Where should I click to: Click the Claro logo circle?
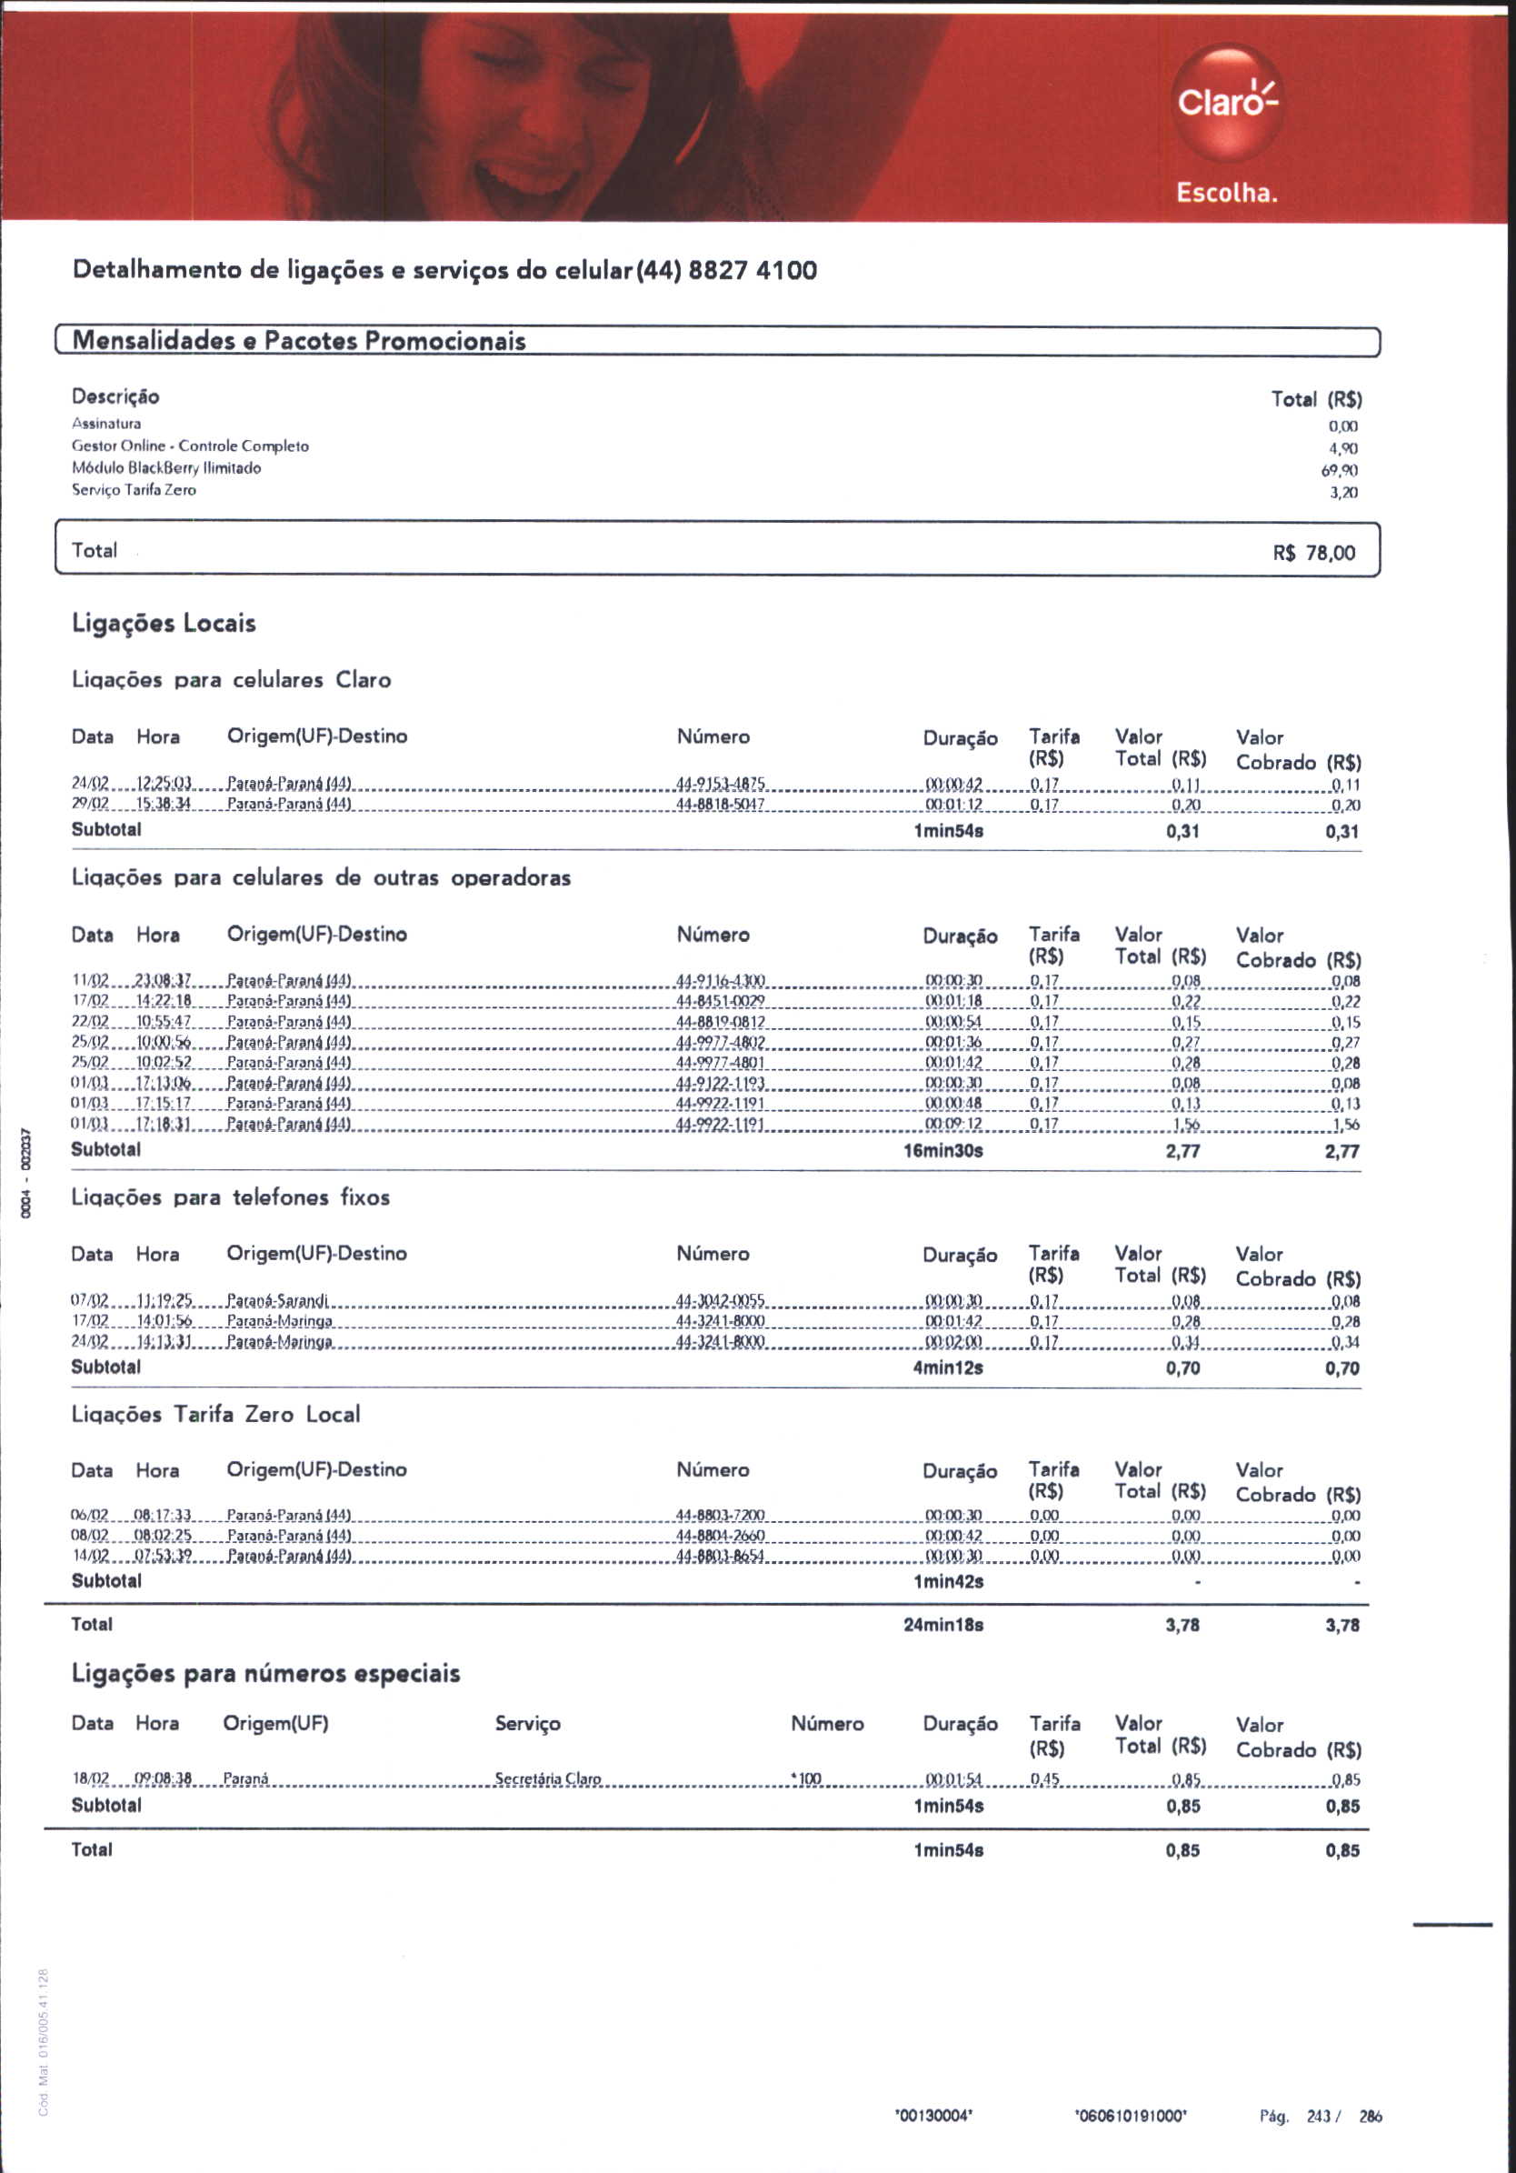[x=1226, y=102]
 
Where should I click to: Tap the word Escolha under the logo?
[x=1226, y=193]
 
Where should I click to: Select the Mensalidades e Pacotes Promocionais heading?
[x=299, y=341]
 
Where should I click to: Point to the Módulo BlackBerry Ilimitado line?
[x=166, y=467]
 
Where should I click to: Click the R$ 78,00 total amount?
[x=1313, y=553]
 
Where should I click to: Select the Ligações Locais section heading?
[x=164, y=624]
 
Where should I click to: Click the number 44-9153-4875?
[x=720, y=784]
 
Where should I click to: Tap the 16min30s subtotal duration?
[x=943, y=1151]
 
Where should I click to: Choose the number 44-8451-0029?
[x=720, y=1001]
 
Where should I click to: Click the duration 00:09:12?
[x=954, y=1125]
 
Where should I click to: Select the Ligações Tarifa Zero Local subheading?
[x=215, y=1415]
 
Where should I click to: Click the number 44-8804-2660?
[x=720, y=1535]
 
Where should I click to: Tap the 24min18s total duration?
[x=943, y=1625]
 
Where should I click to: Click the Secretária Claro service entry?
[x=548, y=1779]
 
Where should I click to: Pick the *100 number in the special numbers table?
[x=806, y=1779]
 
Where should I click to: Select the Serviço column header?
[x=527, y=1724]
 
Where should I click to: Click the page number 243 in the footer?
[x=1318, y=2117]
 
